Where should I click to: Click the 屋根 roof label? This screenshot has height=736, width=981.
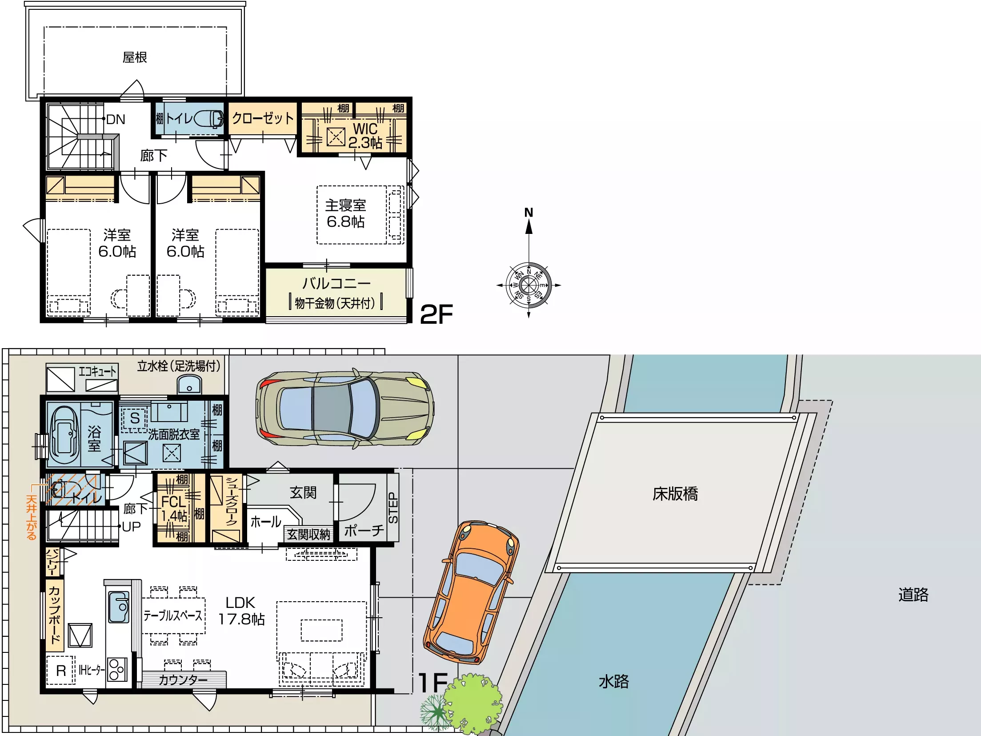coord(135,57)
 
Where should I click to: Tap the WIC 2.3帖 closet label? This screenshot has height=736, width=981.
coord(365,136)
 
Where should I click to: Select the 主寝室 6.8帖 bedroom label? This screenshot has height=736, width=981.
coord(346,213)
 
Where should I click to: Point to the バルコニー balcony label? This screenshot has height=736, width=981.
coord(336,283)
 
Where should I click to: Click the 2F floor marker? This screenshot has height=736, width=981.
coord(436,314)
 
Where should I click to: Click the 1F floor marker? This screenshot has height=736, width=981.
coord(433,683)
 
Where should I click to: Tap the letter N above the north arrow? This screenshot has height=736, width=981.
coord(529,213)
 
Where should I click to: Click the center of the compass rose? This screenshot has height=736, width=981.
coord(529,285)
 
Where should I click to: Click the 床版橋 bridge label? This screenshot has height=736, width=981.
coord(675,494)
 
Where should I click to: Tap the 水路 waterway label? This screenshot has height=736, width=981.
coord(614,682)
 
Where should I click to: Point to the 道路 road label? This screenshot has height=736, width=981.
coord(913,595)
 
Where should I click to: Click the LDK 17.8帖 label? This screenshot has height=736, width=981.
coord(241,611)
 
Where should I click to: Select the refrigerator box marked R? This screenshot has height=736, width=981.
coord(60,670)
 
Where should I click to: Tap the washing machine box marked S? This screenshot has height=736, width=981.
coord(135,418)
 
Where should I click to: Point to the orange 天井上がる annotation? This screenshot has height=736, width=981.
coord(31,517)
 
